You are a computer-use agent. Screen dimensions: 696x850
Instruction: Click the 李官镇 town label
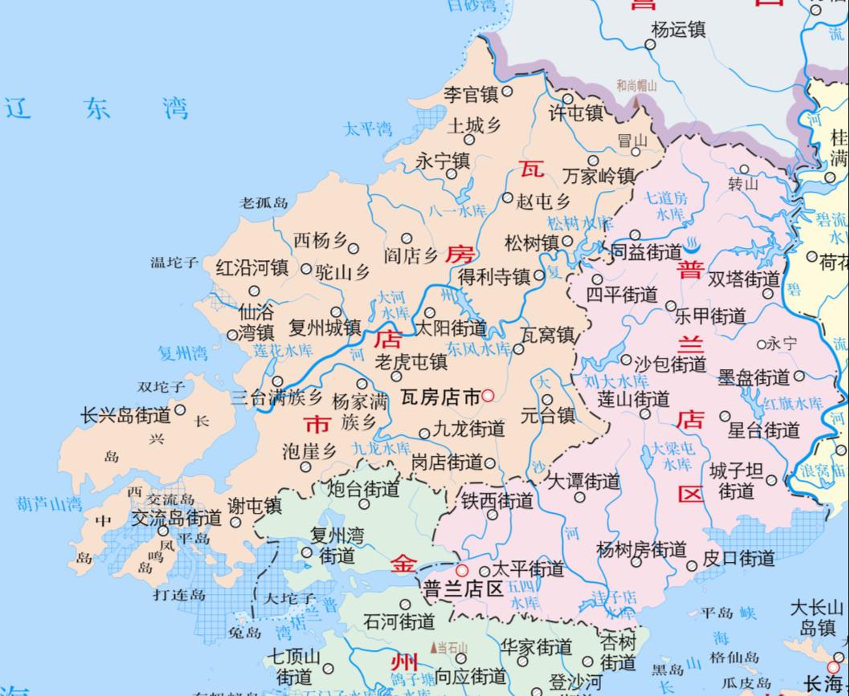point(472,95)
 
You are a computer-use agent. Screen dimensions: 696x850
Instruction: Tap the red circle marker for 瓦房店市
point(488,397)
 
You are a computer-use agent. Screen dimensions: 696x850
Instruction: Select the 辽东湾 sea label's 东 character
point(97,108)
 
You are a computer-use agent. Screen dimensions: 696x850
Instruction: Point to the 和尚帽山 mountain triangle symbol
point(637,101)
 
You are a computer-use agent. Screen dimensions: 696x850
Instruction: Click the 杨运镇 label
point(678,30)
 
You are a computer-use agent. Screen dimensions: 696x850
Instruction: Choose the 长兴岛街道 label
point(125,416)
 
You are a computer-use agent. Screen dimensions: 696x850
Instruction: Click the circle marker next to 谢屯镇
point(235,523)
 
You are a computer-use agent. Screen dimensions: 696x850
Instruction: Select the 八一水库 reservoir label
point(458,211)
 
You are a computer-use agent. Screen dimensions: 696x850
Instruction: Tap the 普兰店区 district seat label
point(463,588)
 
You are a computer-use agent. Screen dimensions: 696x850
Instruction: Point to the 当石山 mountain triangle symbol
point(435,647)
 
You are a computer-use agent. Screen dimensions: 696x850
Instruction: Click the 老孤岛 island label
point(264,203)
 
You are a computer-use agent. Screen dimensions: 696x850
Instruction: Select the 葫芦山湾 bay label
point(49,504)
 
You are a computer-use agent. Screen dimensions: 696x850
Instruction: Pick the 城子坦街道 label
point(736,480)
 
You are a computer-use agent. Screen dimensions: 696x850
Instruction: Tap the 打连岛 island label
point(179,595)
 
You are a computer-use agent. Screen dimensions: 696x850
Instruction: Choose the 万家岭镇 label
point(599,176)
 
